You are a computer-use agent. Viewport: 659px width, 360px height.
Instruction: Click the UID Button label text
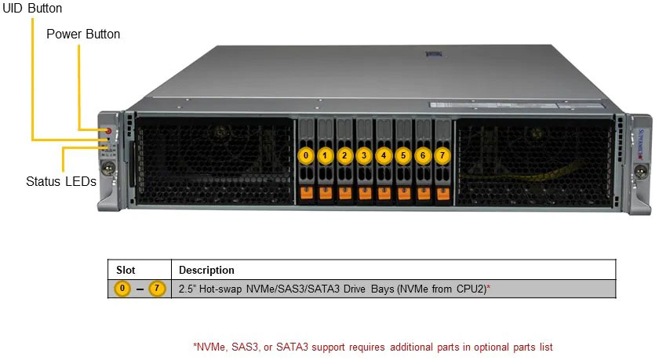[x=32, y=8]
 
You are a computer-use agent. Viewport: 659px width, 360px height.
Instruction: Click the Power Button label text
[x=82, y=35]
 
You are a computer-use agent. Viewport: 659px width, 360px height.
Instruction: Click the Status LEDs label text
[x=60, y=182]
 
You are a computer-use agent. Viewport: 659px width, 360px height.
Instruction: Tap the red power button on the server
[x=108, y=129]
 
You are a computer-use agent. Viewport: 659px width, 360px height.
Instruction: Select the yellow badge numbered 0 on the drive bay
[x=306, y=155]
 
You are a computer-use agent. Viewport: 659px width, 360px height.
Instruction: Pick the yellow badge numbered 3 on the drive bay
[x=363, y=155]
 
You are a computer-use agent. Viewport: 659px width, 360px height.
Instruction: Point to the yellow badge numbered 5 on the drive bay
[x=403, y=155]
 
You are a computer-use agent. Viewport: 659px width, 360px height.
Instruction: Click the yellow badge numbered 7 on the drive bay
[x=442, y=155]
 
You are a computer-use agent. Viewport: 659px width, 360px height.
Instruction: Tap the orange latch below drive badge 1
[x=326, y=192]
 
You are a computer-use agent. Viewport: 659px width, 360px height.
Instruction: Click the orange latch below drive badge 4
[x=384, y=192]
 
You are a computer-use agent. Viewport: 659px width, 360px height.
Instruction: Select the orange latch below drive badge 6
[x=424, y=192]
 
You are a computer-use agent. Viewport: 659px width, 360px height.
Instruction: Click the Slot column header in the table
[x=126, y=271]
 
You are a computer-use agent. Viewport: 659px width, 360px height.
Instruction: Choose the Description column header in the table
[x=206, y=271]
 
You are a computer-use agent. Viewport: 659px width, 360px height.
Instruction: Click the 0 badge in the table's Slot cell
[x=122, y=289]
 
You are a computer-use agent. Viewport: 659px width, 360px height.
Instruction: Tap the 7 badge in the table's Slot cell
[x=158, y=289]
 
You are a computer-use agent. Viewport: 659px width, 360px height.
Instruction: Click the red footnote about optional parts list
[x=377, y=346]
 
